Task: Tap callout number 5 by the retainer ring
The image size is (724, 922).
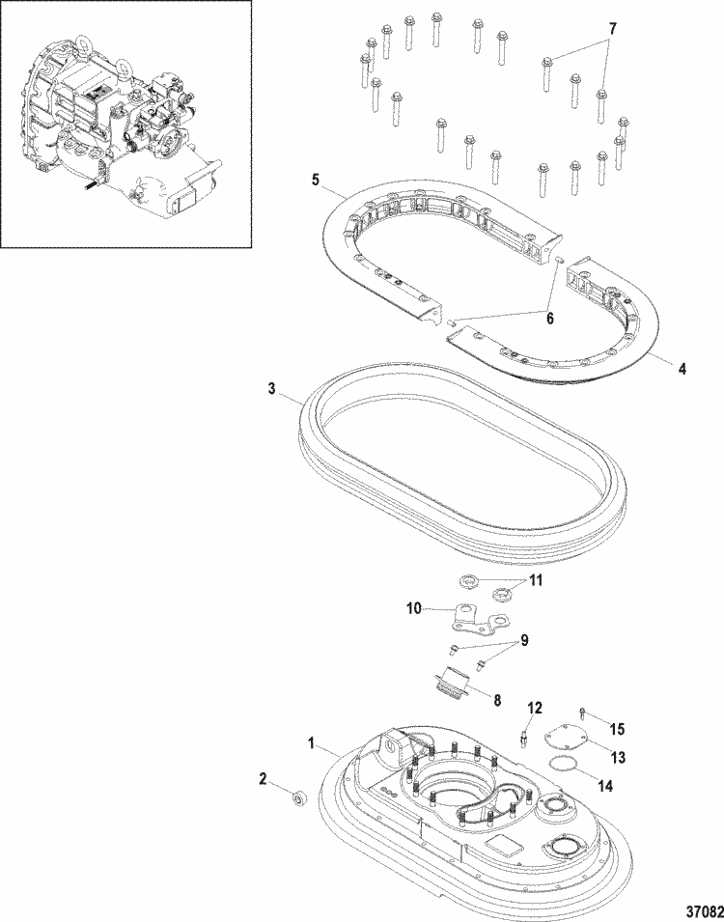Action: point(314,180)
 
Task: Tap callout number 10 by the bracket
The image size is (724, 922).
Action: point(414,608)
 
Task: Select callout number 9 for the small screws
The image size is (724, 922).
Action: point(525,640)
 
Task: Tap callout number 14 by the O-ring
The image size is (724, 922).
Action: point(604,787)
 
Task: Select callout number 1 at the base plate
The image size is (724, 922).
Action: point(311,745)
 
